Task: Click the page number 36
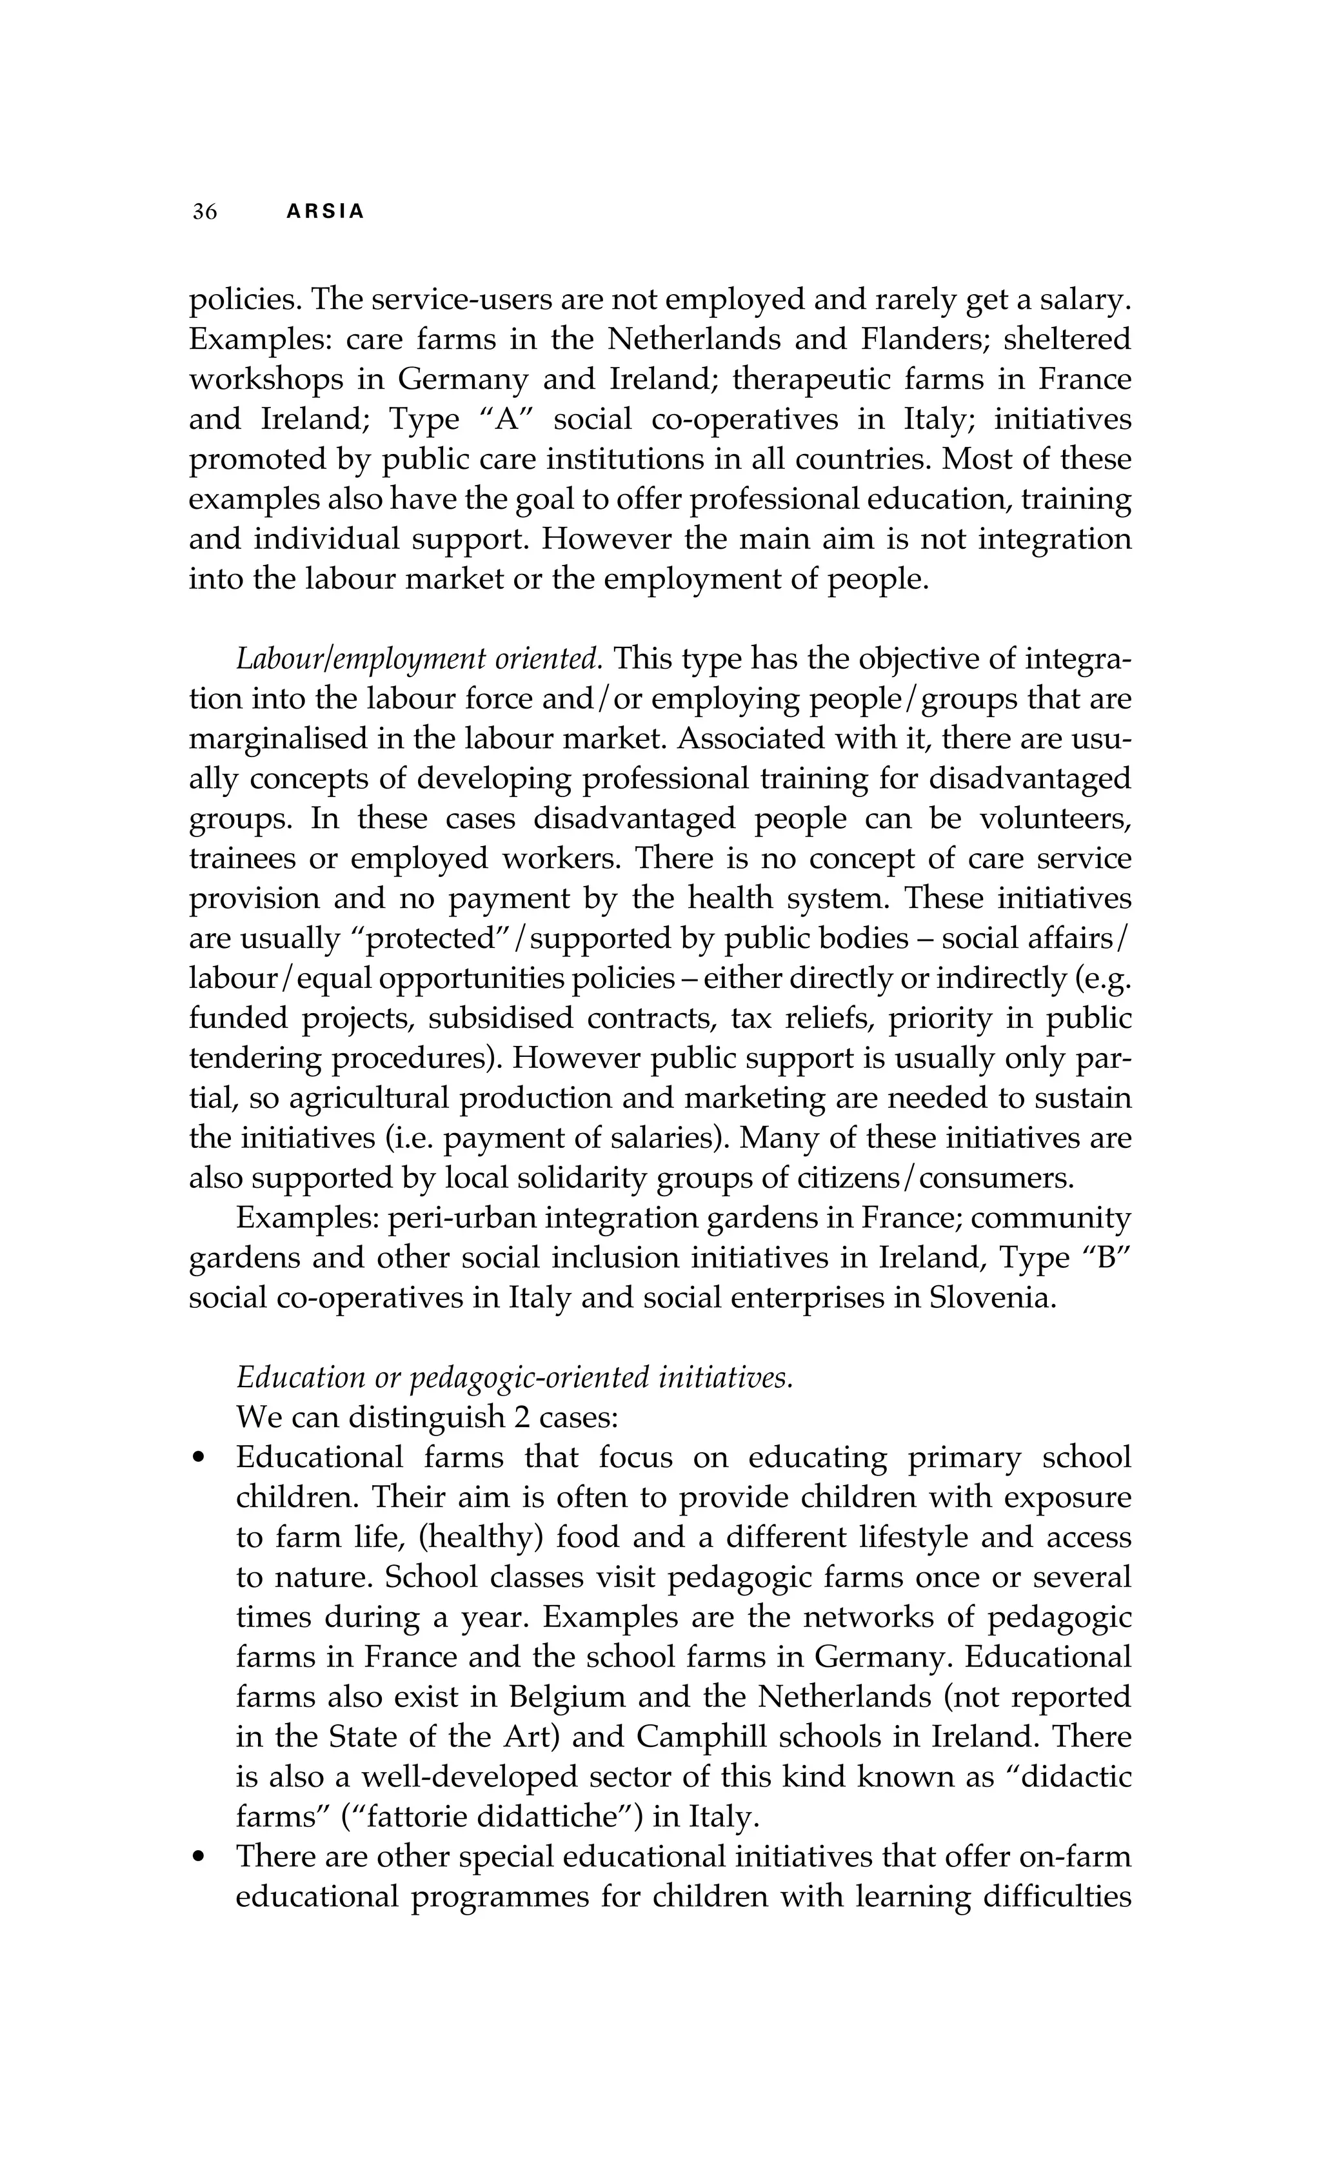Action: click(204, 212)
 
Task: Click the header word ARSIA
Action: click(325, 212)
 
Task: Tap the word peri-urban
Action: click(453, 1219)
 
